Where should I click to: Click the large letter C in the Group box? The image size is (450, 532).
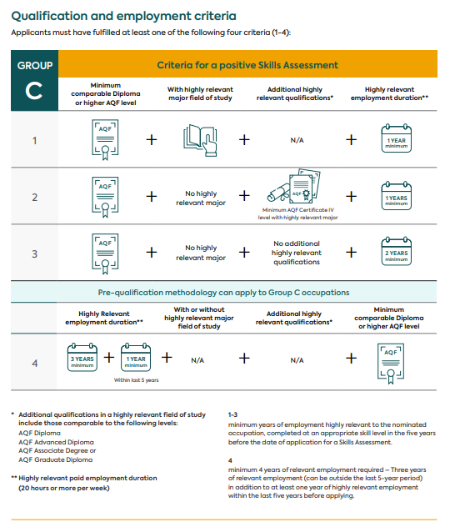[x=34, y=91]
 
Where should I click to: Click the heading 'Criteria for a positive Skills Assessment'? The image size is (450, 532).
[x=247, y=65]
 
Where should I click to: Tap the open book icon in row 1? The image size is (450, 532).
[x=200, y=140]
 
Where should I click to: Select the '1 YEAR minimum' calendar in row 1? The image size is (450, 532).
[x=396, y=138]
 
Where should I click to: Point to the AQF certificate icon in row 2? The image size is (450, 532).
[x=105, y=197]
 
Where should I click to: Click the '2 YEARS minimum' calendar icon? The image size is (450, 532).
[x=396, y=251]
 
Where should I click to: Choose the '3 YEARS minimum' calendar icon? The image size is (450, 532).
[x=82, y=357]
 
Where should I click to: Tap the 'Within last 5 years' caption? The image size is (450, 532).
[x=137, y=380]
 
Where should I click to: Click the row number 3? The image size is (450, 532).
[x=35, y=254]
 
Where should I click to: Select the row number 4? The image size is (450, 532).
[x=35, y=364]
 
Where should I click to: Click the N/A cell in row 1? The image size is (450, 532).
[x=297, y=140]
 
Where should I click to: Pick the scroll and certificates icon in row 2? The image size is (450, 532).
[x=293, y=186]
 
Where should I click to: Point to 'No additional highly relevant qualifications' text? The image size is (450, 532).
[x=297, y=253]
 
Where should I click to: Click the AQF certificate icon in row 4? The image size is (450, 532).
[x=391, y=364]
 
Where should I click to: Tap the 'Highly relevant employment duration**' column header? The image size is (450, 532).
[x=389, y=93]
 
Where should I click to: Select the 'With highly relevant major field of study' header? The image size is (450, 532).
[x=200, y=93]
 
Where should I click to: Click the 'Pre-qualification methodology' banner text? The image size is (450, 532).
[x=223, y=293]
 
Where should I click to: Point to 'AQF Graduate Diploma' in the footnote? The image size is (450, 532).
[x=55, y=459]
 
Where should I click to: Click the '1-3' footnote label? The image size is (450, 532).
[x=232, y=414]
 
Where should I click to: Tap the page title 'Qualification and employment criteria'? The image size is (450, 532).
[x=124, y=16]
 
